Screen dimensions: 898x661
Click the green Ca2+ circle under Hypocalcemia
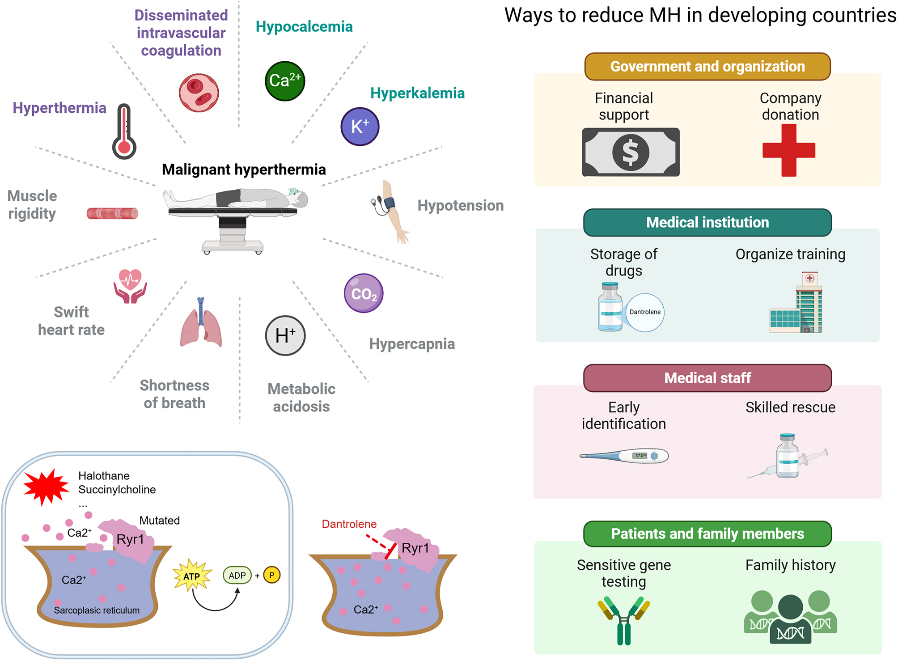coord(285,81)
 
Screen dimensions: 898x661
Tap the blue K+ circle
coord(360,127)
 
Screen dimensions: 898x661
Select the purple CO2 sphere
coord(364,293)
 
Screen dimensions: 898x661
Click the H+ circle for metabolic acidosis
coord(285,335)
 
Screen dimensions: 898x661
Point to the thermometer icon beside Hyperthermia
coord(124,131)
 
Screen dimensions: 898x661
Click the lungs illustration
coord(201,322)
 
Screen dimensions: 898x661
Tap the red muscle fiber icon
coord(112,213)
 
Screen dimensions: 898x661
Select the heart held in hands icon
coord(130,286)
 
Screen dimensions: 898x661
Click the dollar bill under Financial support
coord(631,152)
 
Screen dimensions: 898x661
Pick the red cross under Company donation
coord(789,150)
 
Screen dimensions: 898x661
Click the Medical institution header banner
coord(707,222)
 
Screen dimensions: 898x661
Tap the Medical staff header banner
coord(707,378)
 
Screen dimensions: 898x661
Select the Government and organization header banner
coord(707,67)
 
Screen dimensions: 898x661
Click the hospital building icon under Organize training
coord(796,302)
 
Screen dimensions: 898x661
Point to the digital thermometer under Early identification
coord(624,456)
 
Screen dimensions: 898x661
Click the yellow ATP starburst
coord(192,575)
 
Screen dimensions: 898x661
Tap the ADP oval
coord(237,575)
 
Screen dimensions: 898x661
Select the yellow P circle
coord(272,575)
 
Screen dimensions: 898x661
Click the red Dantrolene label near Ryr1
coord(349,524)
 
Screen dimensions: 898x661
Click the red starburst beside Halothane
coord(47,487)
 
